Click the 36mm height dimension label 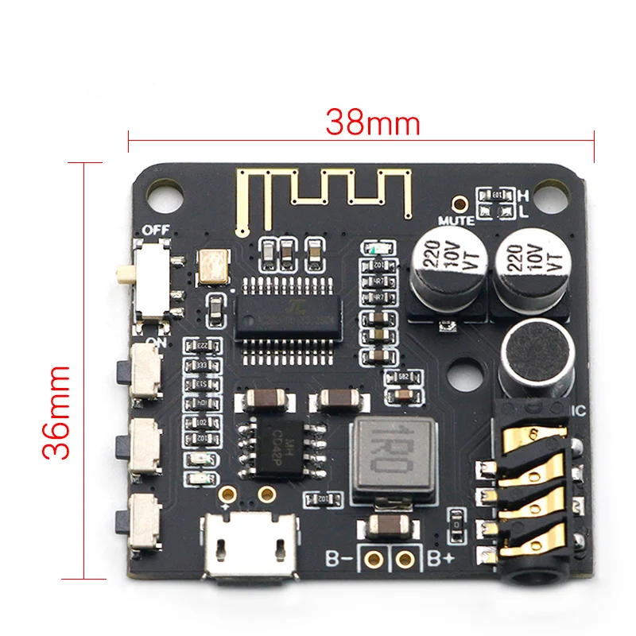coord(57,412)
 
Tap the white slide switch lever coord(125,275)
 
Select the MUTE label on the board coord(456,220)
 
